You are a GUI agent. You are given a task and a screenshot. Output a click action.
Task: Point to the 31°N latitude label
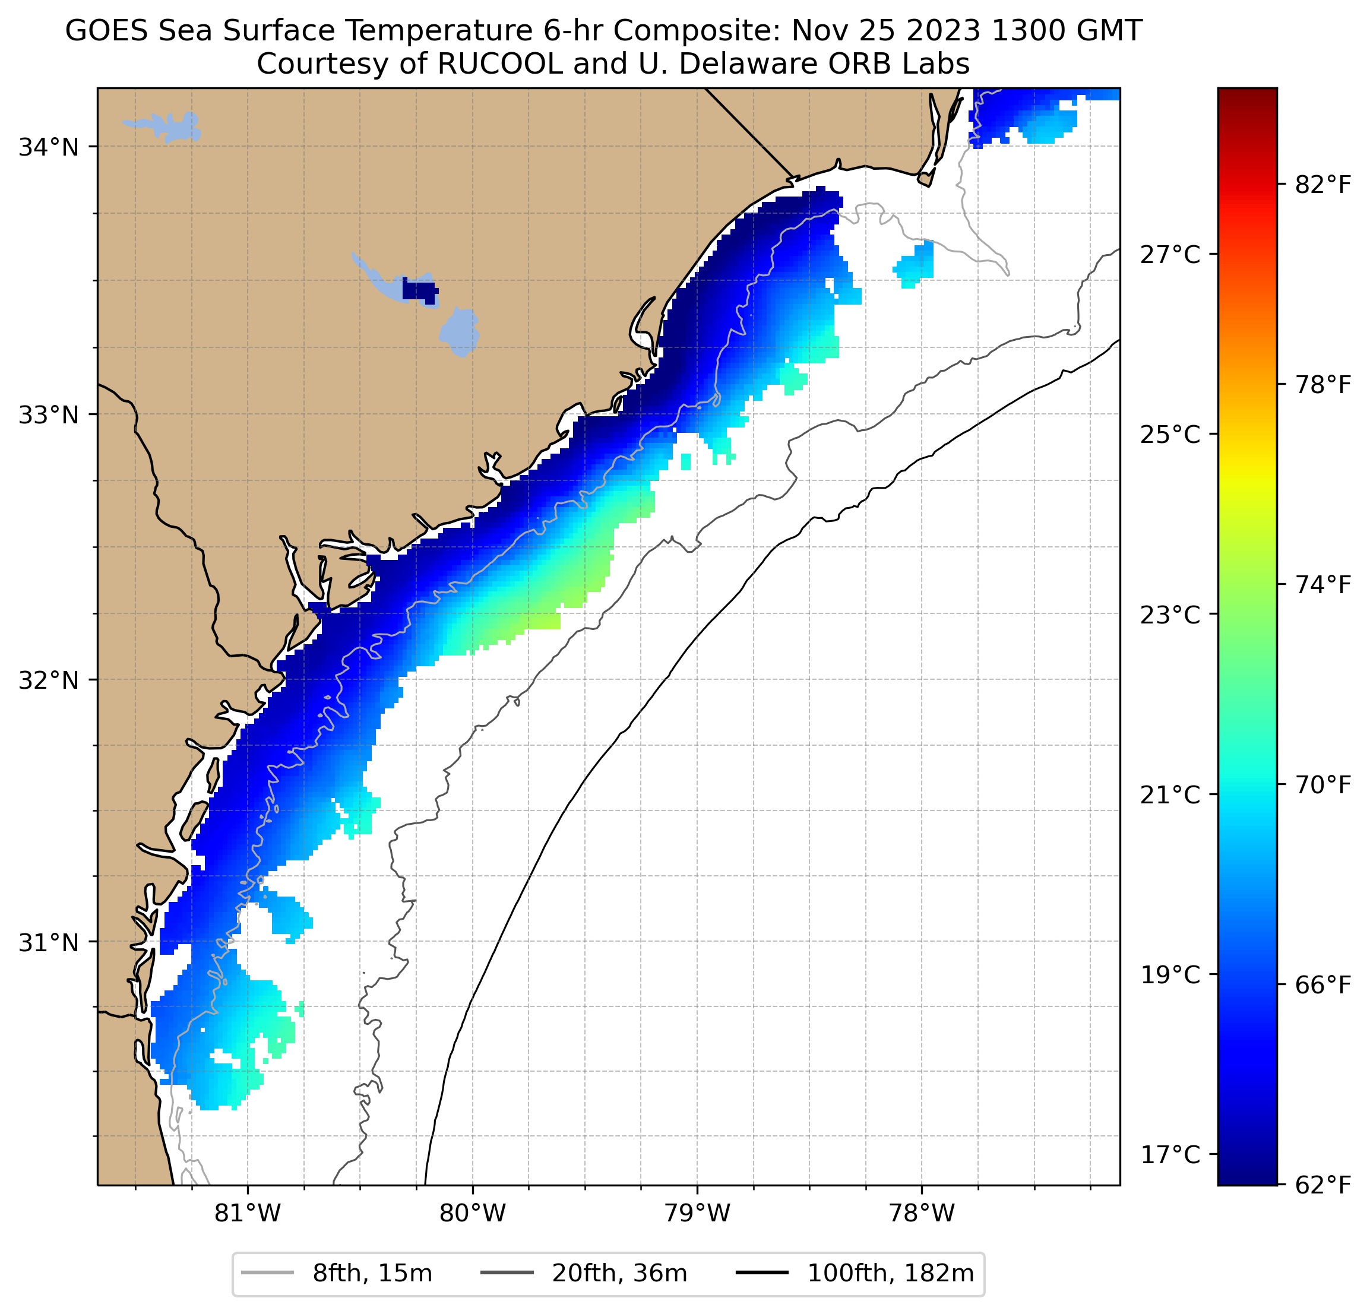coord(48,943)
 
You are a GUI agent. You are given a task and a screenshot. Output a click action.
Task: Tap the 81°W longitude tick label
coord(248,1214)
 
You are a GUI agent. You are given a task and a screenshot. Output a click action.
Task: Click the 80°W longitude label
coord(473,1214)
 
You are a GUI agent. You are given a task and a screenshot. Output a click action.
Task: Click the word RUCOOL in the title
coord(499,64)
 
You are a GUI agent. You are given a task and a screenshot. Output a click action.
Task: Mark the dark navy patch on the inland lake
coord(419,291)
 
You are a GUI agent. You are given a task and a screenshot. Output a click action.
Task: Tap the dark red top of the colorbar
coord(1247,98)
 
